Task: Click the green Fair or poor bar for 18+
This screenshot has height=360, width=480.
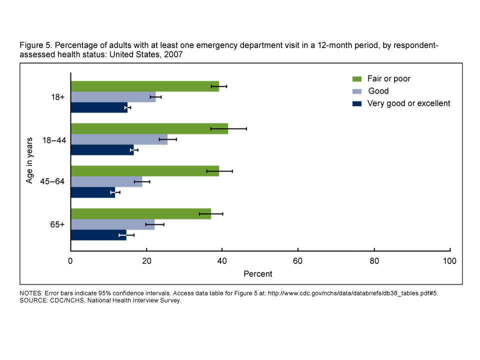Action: click(x=145, y=86)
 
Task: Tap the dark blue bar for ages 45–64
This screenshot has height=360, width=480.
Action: click(x=93, y=192)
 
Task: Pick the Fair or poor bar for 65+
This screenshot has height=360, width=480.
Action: click(x=140, y=213)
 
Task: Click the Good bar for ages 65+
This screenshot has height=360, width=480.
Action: click(x=112, y=224)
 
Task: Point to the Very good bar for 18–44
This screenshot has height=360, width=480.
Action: click(x=102, y=149)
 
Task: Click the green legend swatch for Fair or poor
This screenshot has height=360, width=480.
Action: click(x=357, y=79)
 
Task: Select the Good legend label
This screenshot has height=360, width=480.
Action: click(x=378, y=91)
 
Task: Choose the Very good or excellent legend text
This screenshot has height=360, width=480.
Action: click(x=408, y=103)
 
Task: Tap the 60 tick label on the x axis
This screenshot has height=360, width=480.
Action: click(x=298, y=261)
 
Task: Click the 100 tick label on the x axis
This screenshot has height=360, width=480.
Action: click(x=450, y=261)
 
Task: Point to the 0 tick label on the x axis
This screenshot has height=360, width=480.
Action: click(x=71, y=261)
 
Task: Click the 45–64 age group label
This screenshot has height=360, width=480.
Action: click(x=52, y=181)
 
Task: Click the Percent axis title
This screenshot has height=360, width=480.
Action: click(x=258, y=274)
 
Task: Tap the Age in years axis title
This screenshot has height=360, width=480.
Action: click(x=30, y=160)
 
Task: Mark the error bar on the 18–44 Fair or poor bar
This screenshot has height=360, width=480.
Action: click(x=228, y=128)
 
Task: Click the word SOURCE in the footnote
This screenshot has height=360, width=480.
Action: click(x=32, y=300)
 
